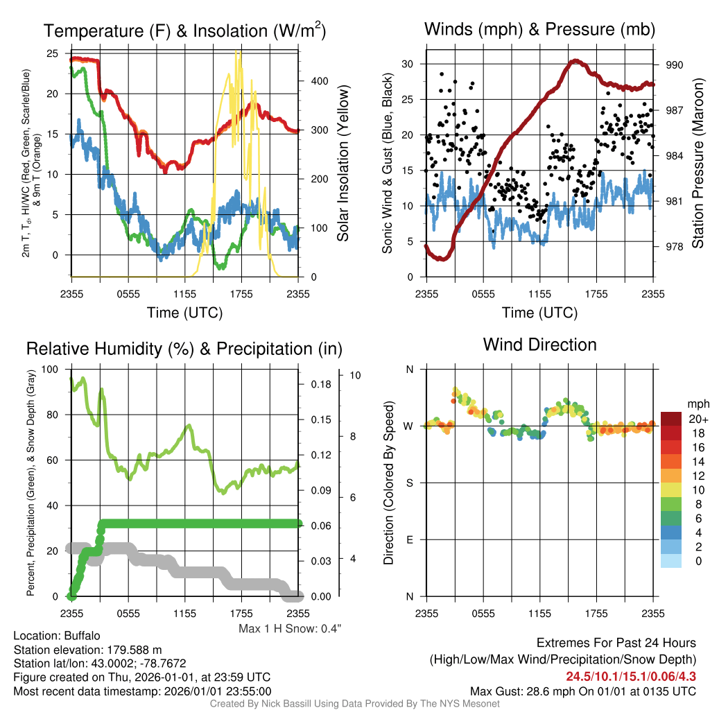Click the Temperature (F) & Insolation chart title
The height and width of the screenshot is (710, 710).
coord(184,31)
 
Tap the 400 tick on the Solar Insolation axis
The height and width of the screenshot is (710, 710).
coord(320,81)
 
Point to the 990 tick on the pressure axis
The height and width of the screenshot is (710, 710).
coord(674,64)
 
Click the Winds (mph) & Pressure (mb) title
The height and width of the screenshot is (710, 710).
coord(539,29)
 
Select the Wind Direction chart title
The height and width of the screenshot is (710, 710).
coord(539,345)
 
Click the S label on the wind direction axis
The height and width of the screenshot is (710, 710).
coord(410,483)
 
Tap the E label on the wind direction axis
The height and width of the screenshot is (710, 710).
coord(410,539)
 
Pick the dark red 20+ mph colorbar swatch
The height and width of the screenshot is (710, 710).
coord(671,419)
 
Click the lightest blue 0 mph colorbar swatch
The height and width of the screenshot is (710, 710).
coord(671,560)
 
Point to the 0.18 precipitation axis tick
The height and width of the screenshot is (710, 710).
coord(321,384)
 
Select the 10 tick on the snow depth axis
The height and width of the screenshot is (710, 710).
coord(356,375)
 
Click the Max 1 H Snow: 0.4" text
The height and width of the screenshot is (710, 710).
coord(290,628)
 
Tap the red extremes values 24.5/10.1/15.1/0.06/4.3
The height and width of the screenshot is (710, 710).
coord(631,676)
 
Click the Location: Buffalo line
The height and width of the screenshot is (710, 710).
coord(57,636)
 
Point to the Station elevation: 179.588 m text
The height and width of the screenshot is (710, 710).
coord(87,650)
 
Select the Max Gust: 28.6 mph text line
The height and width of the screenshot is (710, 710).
coord(582,691)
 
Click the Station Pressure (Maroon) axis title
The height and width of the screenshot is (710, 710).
coord(698,163)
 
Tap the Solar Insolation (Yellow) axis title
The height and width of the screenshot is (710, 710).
coord(343,163)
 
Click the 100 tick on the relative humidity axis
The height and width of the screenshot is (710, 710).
coord(50,369)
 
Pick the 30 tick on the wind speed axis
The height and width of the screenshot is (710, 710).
coord(408,64)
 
